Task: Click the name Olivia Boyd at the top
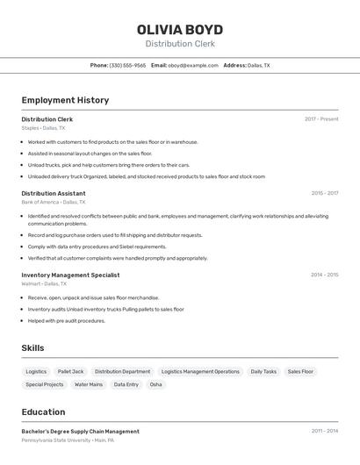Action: (180, 29)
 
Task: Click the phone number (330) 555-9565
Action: (127, 66)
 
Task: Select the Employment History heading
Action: (65, 100)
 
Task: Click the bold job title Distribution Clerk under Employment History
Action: (47, 119)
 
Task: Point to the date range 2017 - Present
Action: (321, 119)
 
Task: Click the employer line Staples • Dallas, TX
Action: (43, 128)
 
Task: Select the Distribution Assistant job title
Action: (54, 193)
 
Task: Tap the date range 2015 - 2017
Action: (324, 193)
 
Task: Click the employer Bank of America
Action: (40, 202)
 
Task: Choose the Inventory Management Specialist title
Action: (70, 275)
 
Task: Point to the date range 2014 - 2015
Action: (324, 275)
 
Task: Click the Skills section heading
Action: (33, 348)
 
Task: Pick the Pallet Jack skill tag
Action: (70, 371)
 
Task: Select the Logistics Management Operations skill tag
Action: (200, 371)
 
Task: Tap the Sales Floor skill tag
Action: (300, 371)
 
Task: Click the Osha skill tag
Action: (155, 384)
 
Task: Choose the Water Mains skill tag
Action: (89, 384)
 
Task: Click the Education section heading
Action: (43, 411)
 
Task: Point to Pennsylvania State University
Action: (54, 440)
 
